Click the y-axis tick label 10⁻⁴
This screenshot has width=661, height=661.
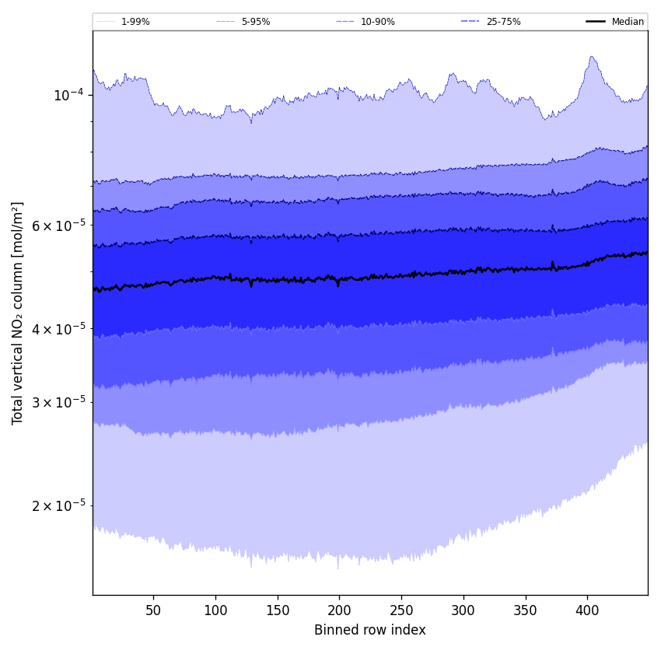click(x=68, y=95)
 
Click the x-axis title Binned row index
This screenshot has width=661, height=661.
click(x=370, y=630)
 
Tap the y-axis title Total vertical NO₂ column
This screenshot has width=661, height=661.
click(x=18, y=313)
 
